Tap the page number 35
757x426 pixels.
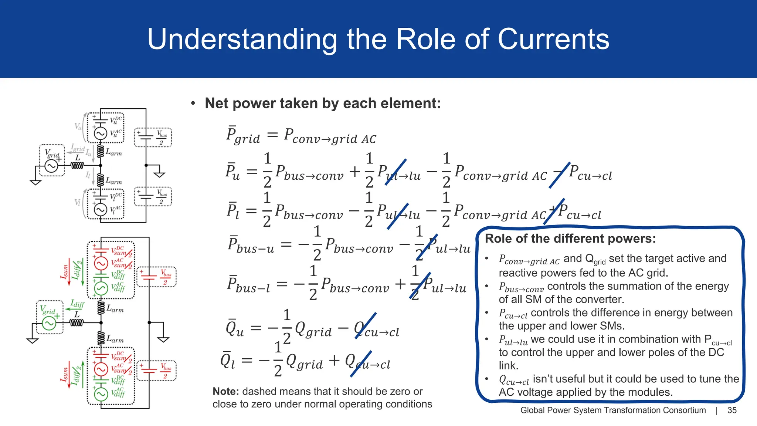(732, 410)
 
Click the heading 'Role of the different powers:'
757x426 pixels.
(570, 239)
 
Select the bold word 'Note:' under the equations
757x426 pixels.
(226, 391)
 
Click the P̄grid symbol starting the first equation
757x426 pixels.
(243, 136)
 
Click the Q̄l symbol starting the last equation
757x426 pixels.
(228, 361)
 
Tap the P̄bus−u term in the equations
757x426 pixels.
(251, 245)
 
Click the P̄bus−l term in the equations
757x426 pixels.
(248, 285)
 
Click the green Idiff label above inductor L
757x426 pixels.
(77, 304)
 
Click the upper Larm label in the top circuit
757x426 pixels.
(113, 152)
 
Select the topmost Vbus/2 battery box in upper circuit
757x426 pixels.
(153, 137)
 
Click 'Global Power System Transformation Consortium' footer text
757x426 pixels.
(613, 410)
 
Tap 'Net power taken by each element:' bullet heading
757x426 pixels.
(322, 103)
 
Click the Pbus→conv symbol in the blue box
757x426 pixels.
(521, 287)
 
